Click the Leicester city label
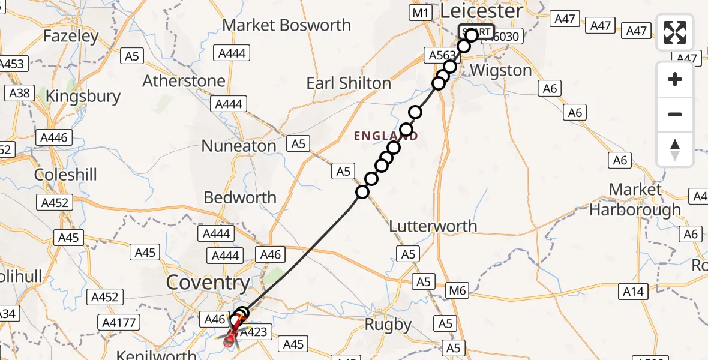tap(481, 11)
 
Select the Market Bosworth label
tap(286, 25)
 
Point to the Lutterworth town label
tap(433, 226)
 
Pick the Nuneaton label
tap(239, 146)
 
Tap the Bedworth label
tap(240, 197)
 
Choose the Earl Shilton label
tap(349, 83)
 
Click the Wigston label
tap(501, 70)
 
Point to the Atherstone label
tap(184, 81)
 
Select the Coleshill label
tap(65, 175)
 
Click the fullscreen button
tap(675, 32)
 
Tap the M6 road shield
tap(458, 292)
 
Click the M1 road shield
tap(420, 12)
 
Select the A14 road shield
tap(633, 292)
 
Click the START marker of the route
tap(476, 32)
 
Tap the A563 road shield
tap(442, 56)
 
